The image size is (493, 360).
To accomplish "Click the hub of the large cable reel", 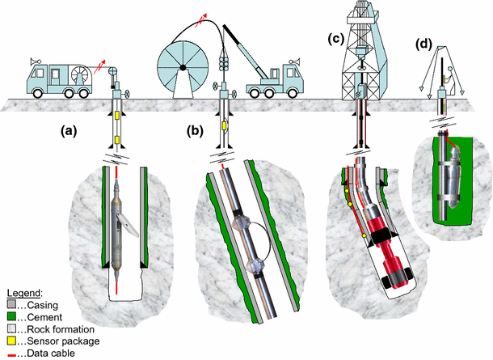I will pyautogui.click(x=184, y=67).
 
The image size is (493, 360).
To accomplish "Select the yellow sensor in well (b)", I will pyautogui.click(x=223, y=126).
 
